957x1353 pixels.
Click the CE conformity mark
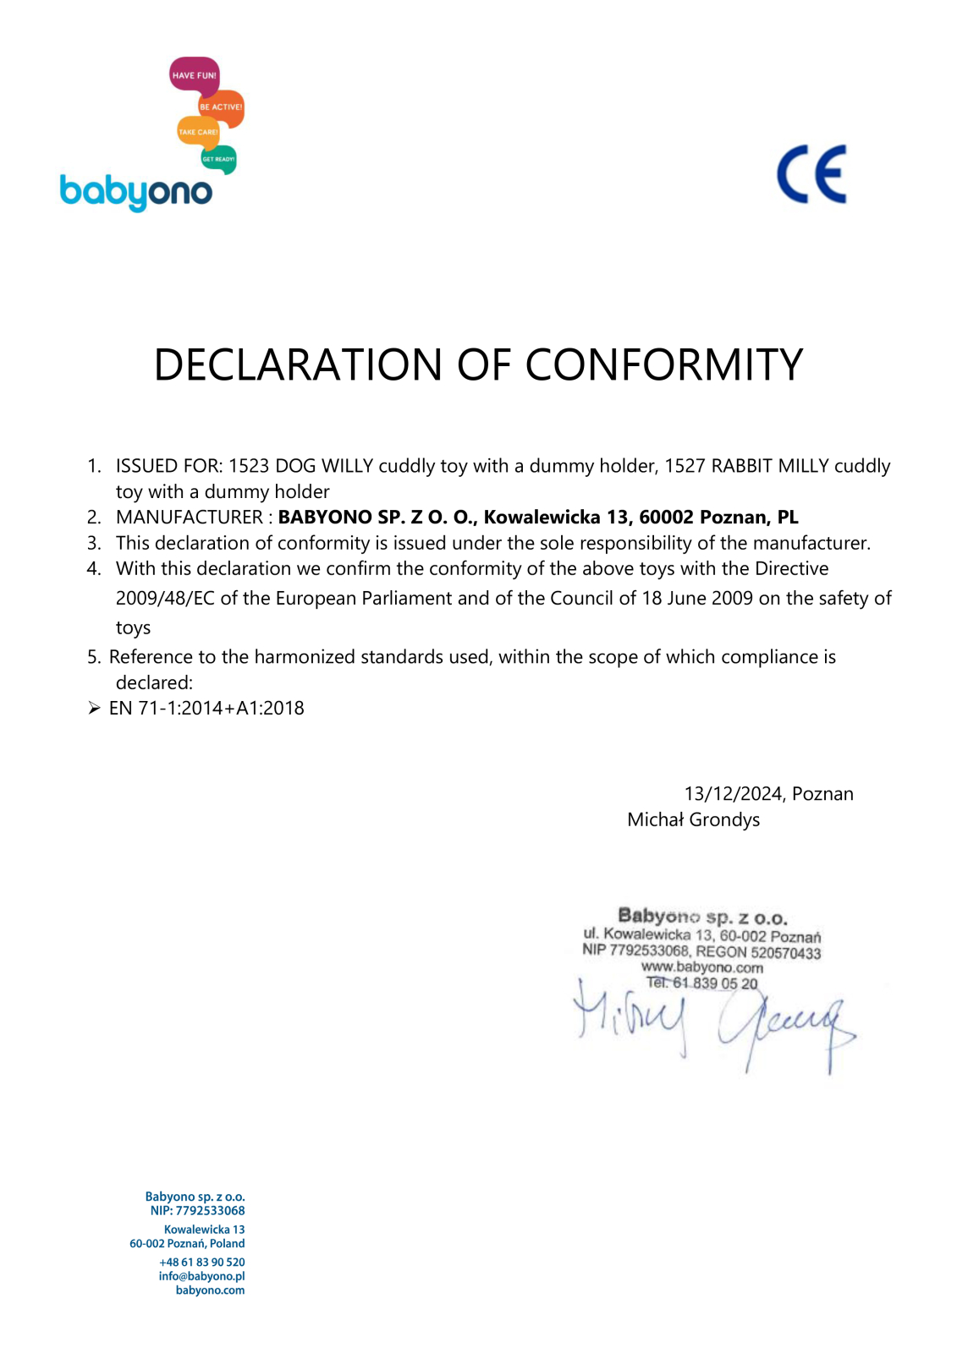[x=811, y=174]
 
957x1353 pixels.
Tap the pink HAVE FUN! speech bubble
[x=194, y=74]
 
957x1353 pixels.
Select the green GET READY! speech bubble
[x=218, y=158]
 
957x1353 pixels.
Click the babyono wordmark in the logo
[x=135, y=192]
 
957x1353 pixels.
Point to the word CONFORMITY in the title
[x=663, y=364]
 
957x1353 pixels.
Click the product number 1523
[x=249, y=466]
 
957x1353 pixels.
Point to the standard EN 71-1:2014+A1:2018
[x=206, y=708]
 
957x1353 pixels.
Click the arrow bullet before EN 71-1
[x=94, y=708]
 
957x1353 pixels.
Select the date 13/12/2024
[x=733, y=793]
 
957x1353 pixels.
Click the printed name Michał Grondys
[x=693, y=819]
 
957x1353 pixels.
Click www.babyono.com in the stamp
[x=701, y=967]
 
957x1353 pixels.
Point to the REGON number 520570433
[x=785, y=953]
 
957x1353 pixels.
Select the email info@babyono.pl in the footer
[x=201, y=1276]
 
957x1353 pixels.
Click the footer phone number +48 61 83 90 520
[x=201, y=1262]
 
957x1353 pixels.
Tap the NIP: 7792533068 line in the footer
[x=197, y=1210]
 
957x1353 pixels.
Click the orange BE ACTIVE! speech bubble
[x=221, y=107]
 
